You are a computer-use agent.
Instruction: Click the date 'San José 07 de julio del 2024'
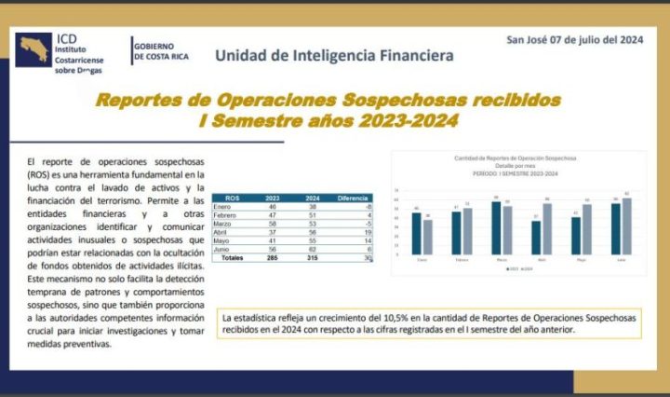tap(575, 39)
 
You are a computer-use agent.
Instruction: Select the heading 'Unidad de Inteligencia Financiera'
tap(334, 55)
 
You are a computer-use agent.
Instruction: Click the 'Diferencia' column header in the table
tap(353, 198)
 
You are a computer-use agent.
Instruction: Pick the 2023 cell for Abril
tap(273, 232)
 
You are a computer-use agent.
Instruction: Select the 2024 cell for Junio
tap(312, 249)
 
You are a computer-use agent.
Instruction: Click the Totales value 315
tap(312, 258)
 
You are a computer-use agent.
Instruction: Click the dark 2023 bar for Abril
tap(536, 237)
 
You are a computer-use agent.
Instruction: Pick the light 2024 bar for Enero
tap(427, 237)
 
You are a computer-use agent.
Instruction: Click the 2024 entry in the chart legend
tap(527, 269)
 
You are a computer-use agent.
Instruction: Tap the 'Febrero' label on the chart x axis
tap(461, 259)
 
